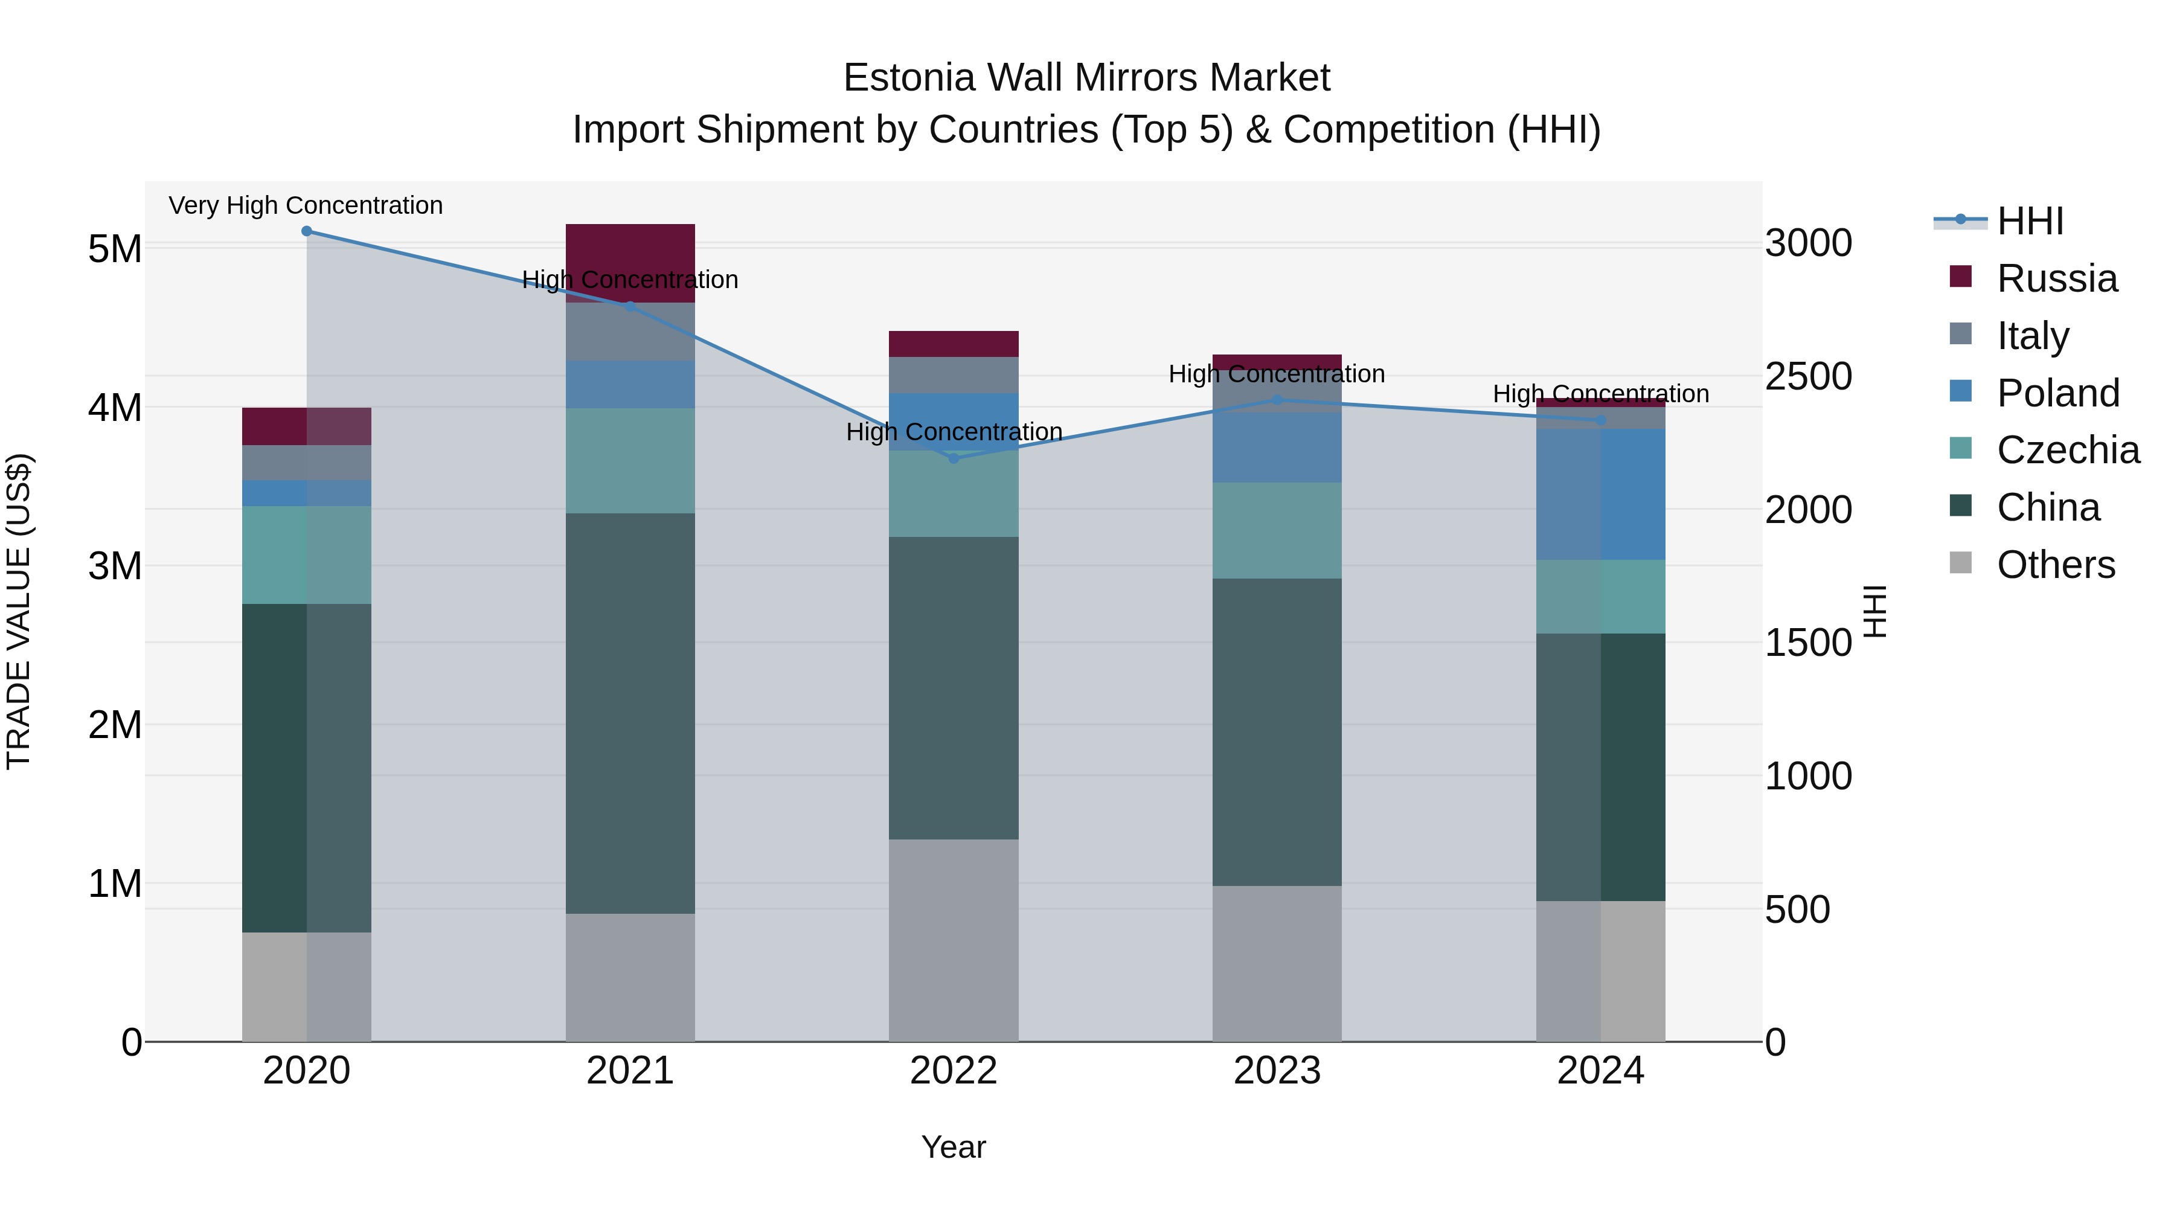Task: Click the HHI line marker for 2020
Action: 306,231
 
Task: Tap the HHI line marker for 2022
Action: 954,458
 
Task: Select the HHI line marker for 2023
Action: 1277,400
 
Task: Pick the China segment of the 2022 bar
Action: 954,688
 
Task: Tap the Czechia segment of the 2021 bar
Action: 630,461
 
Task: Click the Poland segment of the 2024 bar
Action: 1600,494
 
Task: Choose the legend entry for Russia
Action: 2057,278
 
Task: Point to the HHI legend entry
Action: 2030,221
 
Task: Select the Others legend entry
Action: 2055,565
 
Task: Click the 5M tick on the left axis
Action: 115,249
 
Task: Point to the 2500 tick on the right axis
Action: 1809,376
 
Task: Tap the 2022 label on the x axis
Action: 954,1071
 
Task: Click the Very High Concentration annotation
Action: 306,205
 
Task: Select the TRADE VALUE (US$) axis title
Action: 19,611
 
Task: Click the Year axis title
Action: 954,1147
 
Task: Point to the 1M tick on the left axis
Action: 115,884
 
